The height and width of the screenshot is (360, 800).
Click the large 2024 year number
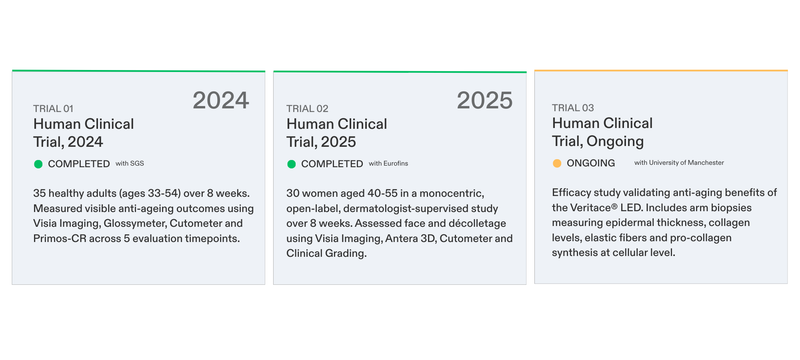pos(221,100)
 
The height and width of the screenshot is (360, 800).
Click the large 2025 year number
pos(484,100)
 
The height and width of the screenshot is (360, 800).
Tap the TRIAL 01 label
pos(53,108)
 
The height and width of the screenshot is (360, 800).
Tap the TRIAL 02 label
pos(306,108)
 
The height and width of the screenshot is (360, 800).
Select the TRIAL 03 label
pos(572,108)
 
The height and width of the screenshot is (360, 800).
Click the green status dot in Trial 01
pos(38,163)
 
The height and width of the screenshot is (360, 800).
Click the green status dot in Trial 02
pos(292,163)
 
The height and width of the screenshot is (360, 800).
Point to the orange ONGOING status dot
pos(557,163)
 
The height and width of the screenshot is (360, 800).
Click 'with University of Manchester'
pos(678,163)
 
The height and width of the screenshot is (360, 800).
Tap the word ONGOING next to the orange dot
pos(591,163)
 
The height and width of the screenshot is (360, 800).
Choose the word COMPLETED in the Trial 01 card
pos(78,163)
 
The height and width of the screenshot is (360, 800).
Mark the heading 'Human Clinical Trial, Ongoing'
pos(602,132)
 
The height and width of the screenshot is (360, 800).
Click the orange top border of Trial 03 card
pos(661,71)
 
